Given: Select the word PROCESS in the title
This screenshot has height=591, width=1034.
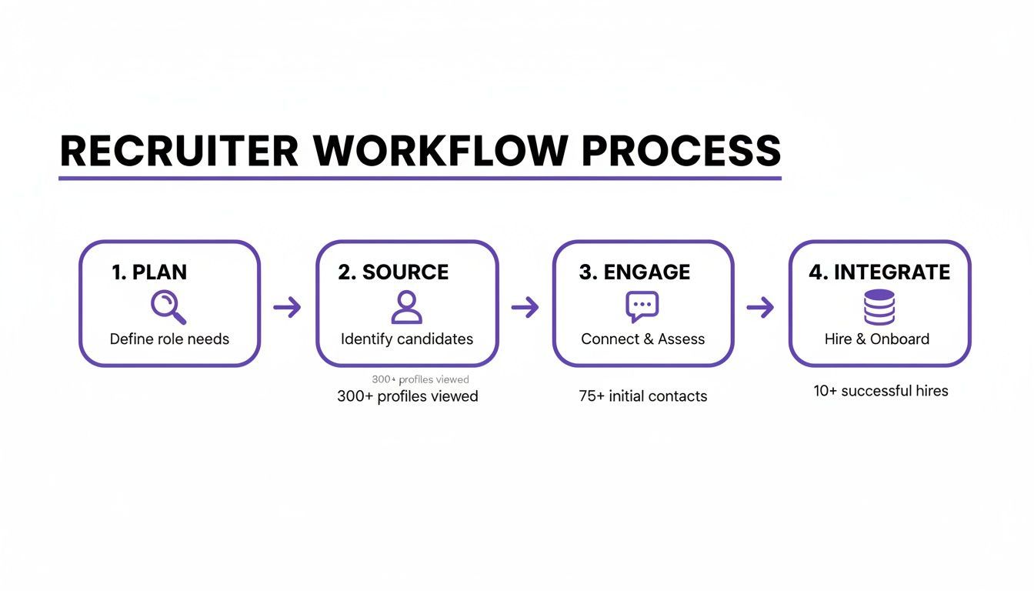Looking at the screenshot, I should [x=682, y=151].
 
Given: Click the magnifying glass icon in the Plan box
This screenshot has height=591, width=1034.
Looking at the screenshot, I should [x=168, y=307].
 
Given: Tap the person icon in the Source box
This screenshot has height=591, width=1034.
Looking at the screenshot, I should [x=406, y=307].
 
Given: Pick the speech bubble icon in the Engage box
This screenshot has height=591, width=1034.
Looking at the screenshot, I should [x=642, y=307].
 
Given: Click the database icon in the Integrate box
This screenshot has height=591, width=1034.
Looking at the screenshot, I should [x=879, y=307].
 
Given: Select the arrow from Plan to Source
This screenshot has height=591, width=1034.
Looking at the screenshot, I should [x=287, y=308].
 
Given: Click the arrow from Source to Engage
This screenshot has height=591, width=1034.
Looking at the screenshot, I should [x=525, y=308].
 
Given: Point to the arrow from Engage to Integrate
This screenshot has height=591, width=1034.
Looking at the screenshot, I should [x=760, y=308].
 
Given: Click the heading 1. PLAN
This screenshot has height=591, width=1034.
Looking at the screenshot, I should [x=149, y=272].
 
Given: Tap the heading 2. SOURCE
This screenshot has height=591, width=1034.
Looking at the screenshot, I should [x=393, y=272].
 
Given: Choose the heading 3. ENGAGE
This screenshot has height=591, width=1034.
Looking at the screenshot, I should [x=635, y=272].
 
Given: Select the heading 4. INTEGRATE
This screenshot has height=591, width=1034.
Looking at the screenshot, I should [x=879, y=272].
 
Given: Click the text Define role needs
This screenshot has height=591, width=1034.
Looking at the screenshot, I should [x=169, y=339].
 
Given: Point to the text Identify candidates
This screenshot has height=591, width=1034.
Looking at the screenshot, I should [x=407, y=339].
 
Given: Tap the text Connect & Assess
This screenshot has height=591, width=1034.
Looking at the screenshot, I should [x=642, y=339].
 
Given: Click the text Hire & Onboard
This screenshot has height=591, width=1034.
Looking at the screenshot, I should [x=877, y=339].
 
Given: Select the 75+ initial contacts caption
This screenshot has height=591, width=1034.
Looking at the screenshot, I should [x=642, y=396].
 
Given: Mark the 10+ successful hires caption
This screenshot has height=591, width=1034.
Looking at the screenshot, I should [x=881, y=391].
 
